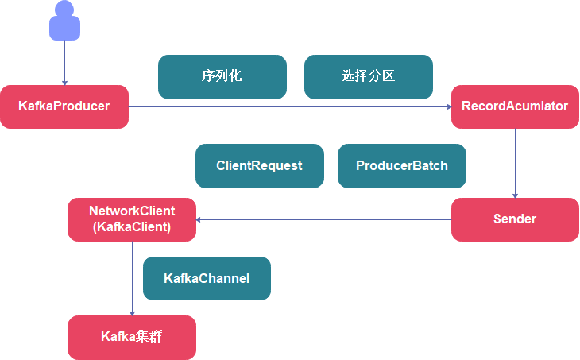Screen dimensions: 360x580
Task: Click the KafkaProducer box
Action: [x=64, y=106]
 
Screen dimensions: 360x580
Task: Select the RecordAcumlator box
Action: [x=515, y=106]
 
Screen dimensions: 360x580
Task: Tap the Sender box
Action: [x=515, y=219]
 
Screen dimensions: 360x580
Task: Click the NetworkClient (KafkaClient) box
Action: [x=132, y=219]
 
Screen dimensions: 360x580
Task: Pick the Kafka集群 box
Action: [x=132, y=337]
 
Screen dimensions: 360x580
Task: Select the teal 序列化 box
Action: [x=222, y=77]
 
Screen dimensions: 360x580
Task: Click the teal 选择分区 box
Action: [x=369, y=77]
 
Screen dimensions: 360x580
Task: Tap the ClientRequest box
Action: [x=260, y=166]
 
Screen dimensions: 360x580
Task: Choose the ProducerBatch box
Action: [x=402, y=166]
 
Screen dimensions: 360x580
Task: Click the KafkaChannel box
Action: [x=207, y=278]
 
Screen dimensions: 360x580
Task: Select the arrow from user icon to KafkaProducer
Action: [x=64, y=64]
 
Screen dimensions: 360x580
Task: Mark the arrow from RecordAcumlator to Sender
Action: [x=515, y=163]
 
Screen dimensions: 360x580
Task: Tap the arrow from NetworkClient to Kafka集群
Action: [x=132, y=278]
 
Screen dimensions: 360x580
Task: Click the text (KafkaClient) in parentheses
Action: [x=132, y=227]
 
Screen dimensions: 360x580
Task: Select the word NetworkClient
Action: [x=132, y=211]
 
